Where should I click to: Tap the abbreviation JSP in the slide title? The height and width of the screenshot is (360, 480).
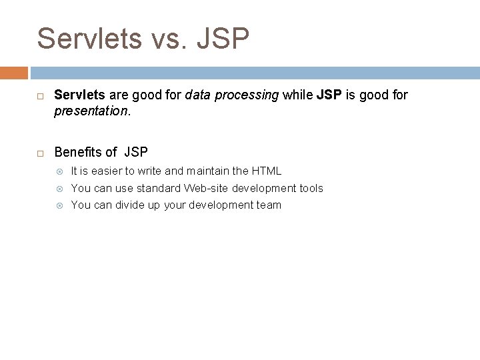[223, 39]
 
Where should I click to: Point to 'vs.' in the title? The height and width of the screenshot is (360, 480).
[175, 40]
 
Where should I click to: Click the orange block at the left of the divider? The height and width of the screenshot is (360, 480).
[14, 72]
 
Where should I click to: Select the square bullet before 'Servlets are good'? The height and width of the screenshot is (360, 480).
[40, 96]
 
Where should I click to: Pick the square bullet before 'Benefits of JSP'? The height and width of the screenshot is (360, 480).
[40, 153]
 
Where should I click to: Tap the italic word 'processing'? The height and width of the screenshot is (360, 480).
[252, 95]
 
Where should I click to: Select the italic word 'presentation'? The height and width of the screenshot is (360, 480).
[90, 112]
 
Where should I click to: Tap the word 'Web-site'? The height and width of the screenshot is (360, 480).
[206, 189]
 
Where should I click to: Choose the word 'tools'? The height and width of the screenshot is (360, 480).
[311, 189]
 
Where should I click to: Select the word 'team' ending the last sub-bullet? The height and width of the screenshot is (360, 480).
[269, 205]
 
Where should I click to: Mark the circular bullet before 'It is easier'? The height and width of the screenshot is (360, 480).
[59, 171]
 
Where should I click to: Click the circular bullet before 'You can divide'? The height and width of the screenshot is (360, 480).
[59, 205]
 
